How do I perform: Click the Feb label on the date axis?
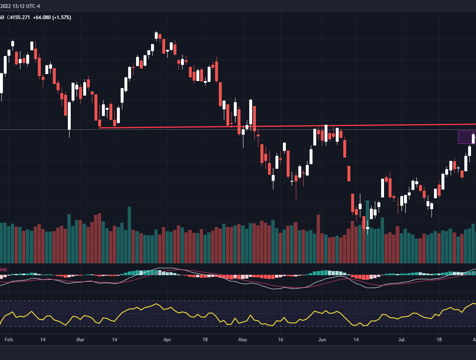pyautogui.click(x=9, y=340)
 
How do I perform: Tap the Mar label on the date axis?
pyautogui.click(x=80, y=340)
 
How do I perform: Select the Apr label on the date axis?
pyautogui.click(x=167, y=340)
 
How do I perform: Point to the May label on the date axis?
pyautogui.click(x=243, y=340)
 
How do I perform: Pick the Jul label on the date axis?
pyautogui.click(x=401, y=340)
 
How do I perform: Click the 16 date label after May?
pyautogui.click(x=281, y=340)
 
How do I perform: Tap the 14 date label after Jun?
pyautogui.click(x=356, y=340)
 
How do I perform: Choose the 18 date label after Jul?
pyautogui.click(x=439, y=340)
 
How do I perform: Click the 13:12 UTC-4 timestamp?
pyautogui.click(x=26, y=6)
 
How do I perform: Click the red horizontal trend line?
pyautogui.click(x=291, y=126)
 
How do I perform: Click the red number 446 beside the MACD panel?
pyautogui.click(x=3, y=270)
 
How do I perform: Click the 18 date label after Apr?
pyautogui.click(x=205, y=340)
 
